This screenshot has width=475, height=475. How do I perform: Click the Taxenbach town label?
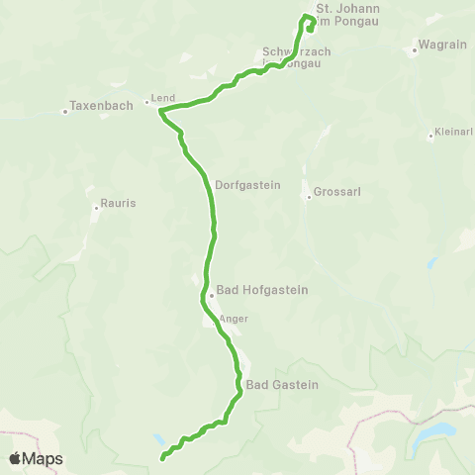pyautogui.click(x=98, y=103)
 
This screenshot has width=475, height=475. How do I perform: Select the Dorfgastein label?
pyautogui.click(x=247, y=184)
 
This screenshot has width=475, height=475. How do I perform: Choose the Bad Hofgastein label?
pyautogui.click(x=262, y=291)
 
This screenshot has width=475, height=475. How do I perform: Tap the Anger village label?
pyautogui.click(x=235, y=319)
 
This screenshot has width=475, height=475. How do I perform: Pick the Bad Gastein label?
pyautogui.click(x=282, y=384)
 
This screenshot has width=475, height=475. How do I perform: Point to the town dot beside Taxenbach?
pyautogui.click(x=65, y=110)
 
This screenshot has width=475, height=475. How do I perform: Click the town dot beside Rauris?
pyautogui.click(x=96, y=208)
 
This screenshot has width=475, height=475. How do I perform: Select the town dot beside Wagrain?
pyautogui.click(x=415, y=49)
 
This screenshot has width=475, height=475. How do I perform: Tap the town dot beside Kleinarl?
pyautogui.click(x=430, y=137)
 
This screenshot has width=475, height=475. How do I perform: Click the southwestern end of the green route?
pyautogui.click(x=162, y=458)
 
